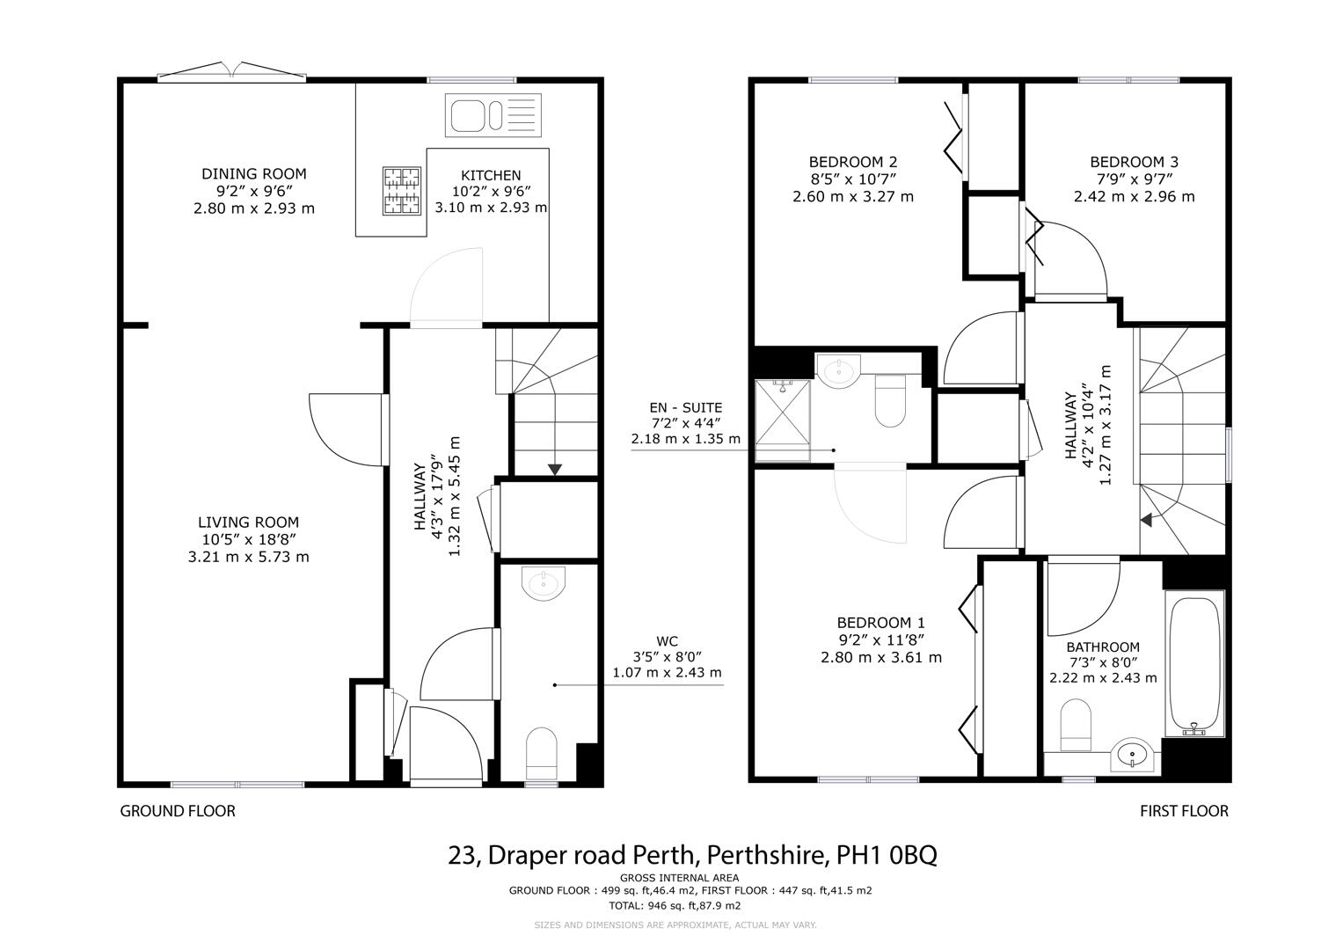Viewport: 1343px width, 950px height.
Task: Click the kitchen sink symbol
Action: (492, 116)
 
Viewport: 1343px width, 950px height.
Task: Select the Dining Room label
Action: (253, 174)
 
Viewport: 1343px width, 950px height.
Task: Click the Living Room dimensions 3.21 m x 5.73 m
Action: (248, 557)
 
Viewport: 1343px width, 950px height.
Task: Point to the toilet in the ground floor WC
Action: (541, 753)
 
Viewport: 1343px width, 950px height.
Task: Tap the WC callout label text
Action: (667, 641)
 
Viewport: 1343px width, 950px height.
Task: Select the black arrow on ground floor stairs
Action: (555, 469)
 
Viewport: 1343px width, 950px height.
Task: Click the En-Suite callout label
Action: (685, 408)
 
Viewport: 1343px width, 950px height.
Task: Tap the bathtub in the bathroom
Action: (1193, 663)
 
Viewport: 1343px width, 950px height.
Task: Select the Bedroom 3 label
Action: (1134, 163)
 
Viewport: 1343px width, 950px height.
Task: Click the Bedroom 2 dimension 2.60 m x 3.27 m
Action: (852, 197)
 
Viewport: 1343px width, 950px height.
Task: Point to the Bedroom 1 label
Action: (880, 622)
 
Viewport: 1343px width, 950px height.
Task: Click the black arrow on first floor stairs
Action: (1145, 520)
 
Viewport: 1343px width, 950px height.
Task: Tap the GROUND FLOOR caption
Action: (178, 811)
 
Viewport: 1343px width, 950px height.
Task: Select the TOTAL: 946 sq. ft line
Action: (675, 905)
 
